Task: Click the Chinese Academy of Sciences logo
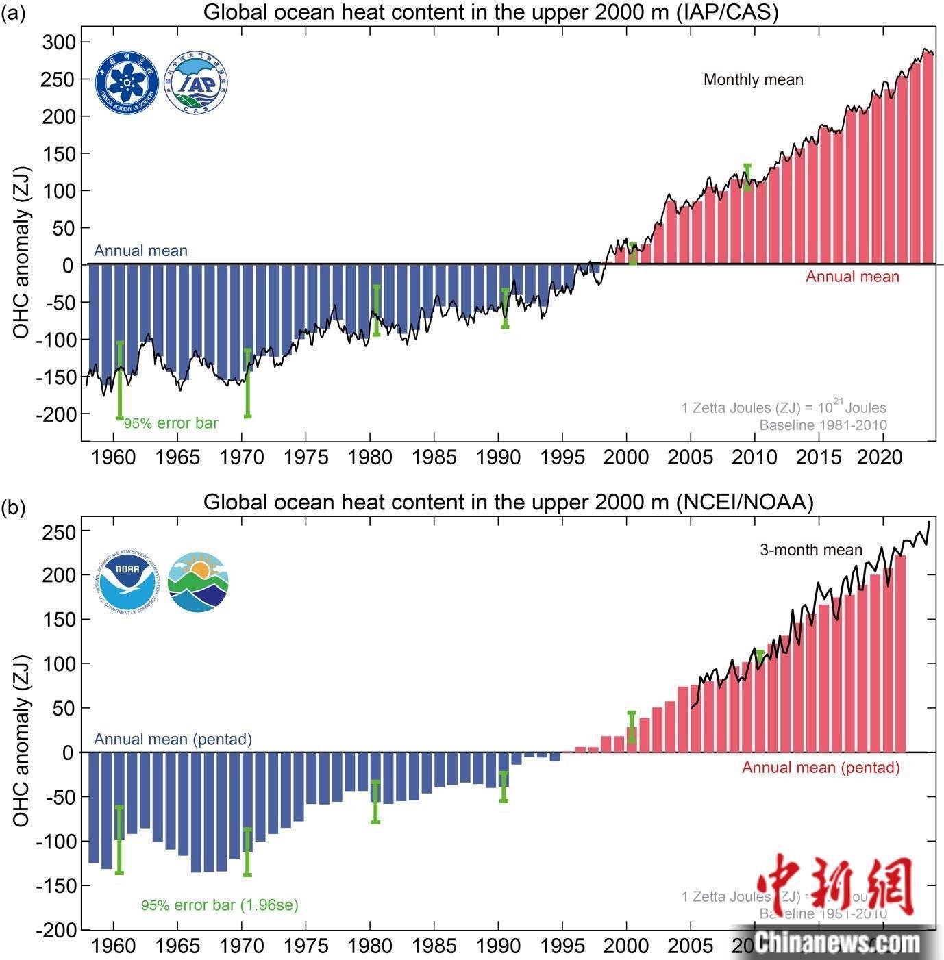pyautogui.click(x=127, y=82)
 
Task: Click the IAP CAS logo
pyautogui.click(x=196, y=82)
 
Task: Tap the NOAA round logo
pyautogui.click(x=127, y=581)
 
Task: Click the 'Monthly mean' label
pyautogui.click(x=753, y=80)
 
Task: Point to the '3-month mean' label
pyautogui.click(x=810, y=550)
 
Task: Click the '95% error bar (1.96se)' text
pyautogui.click(x=219, y=905)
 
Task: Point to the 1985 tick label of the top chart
pyautogui.click(x=434, y=456)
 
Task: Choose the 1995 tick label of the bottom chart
pyautogui.click(x=562, y=946)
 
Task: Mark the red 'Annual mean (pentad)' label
pyautogui.click(x=820, y=767)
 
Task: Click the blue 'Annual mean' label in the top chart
pyautogui.click(x=140, y=251)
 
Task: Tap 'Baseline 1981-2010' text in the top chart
pyautogui.click(x=822, y=425)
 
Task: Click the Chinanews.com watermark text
pyautogui.click(x=837, y=943)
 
